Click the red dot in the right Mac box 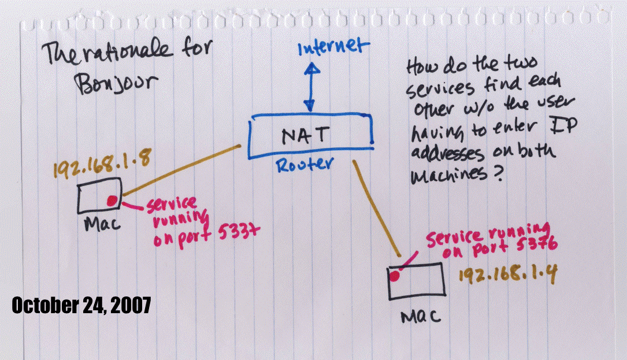coord(395,276)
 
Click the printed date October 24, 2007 coord(81,305)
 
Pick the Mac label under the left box coord(102,224)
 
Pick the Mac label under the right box coord(421,316)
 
